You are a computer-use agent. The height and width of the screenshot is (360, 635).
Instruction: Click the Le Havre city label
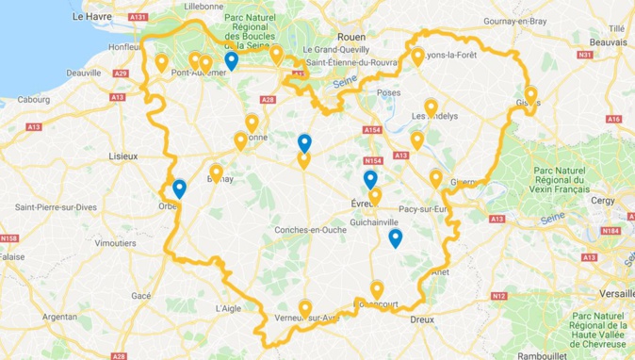click(91, 17)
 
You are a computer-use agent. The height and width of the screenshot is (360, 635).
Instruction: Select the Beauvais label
click(610, 42)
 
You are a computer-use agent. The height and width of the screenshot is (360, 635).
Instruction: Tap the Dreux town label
click(421, 319)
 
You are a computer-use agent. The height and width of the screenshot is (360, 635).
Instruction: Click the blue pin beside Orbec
click(179, 188)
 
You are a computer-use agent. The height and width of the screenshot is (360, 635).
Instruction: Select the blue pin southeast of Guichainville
click(396, 237)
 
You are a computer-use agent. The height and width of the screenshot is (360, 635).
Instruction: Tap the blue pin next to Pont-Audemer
click(231, 61)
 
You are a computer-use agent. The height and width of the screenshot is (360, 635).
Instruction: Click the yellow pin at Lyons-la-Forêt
click(417, 57)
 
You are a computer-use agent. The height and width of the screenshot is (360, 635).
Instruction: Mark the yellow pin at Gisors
click(530, 95)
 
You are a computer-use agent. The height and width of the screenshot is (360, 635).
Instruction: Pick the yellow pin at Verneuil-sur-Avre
click(304, 307)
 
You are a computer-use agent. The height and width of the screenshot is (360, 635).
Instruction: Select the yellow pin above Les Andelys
click(431, 106)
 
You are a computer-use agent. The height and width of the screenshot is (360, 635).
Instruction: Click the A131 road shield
click(139, 18)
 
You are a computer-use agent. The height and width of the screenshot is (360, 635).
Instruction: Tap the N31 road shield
click(584, 56)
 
